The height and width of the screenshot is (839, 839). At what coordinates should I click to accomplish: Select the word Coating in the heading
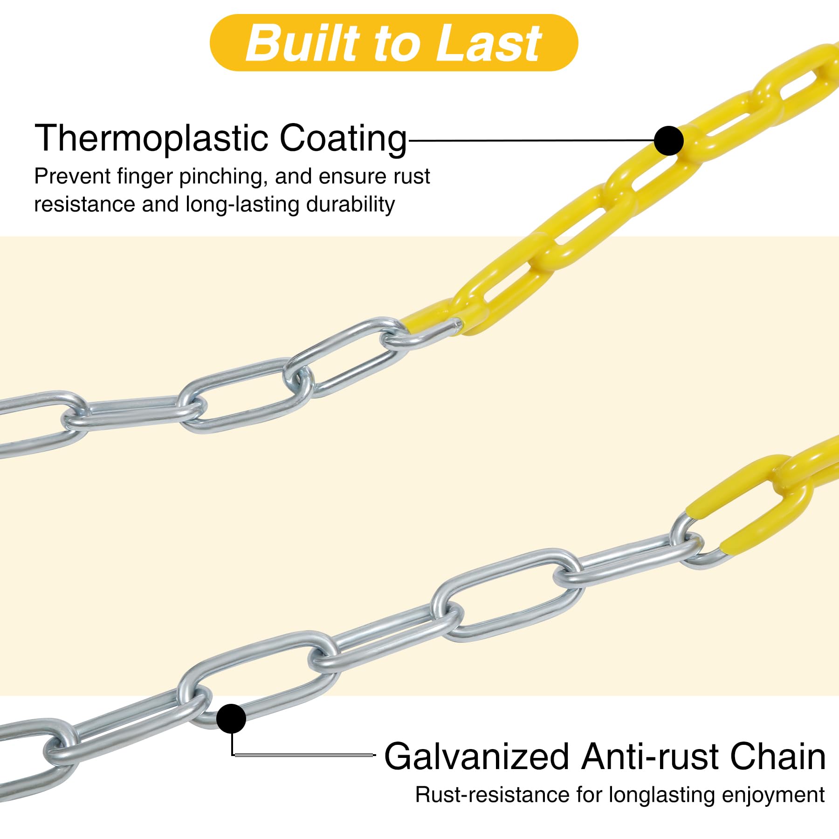343,138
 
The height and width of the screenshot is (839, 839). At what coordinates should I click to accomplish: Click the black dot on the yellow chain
669,140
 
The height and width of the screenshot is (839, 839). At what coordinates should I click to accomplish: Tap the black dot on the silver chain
231,719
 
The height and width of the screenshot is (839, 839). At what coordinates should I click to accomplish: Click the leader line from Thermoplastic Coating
531,140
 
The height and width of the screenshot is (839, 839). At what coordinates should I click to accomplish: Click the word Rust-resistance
492,795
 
